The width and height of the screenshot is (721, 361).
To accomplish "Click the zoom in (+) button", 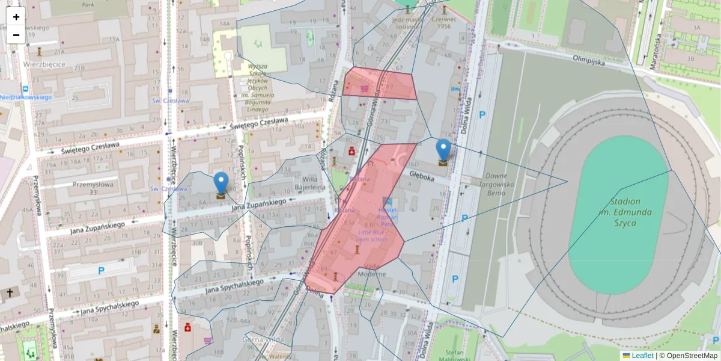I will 16,17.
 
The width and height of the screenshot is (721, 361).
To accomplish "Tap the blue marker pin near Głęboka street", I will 443,150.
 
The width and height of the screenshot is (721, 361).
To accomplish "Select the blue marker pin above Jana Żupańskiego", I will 221,184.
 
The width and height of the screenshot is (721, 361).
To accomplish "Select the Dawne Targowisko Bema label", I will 494,184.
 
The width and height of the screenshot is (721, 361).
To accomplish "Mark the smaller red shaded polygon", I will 380,84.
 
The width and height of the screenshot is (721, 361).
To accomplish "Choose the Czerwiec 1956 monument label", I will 445,22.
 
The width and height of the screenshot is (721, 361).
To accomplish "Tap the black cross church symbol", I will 9,293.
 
